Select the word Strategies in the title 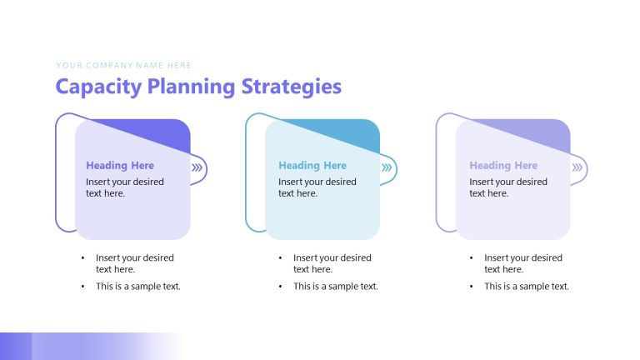pos(292,87)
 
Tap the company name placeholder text pos(124,65)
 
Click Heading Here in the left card pos(119,166)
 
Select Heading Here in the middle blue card pos(312,166)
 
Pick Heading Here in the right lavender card pos(502,166)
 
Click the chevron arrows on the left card pos(197,167)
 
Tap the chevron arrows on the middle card pos(387,167)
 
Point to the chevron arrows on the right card pos(577,167)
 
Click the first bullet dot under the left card pos(82,258)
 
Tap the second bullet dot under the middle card pos(280,287)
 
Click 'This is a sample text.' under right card pos(527,287)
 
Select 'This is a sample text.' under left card pos(137,287)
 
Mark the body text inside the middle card pos(317,187)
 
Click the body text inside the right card pos(507,187)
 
